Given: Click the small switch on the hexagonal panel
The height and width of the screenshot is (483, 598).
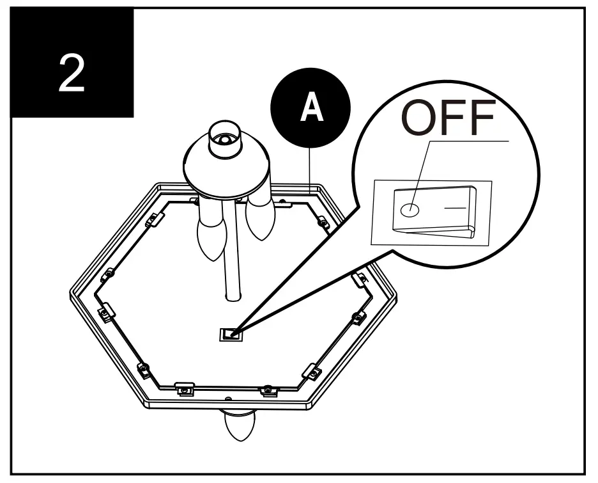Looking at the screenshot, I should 230,334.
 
